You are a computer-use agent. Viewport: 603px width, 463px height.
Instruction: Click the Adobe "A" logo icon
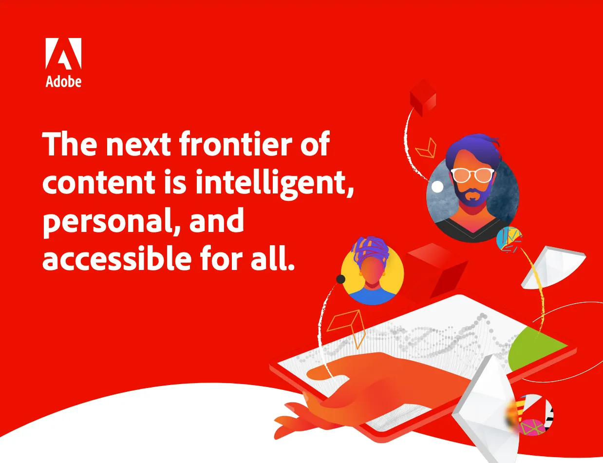click(x=63, y=53)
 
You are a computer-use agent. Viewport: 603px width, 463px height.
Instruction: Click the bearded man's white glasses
click(x=472, y=174)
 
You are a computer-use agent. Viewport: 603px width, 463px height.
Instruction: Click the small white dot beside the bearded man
click(x=437, y=187)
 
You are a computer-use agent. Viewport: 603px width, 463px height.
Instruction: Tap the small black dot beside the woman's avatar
click(x=341, y=279)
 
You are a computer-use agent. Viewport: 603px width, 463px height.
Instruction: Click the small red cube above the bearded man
click(x=422, y=97)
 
